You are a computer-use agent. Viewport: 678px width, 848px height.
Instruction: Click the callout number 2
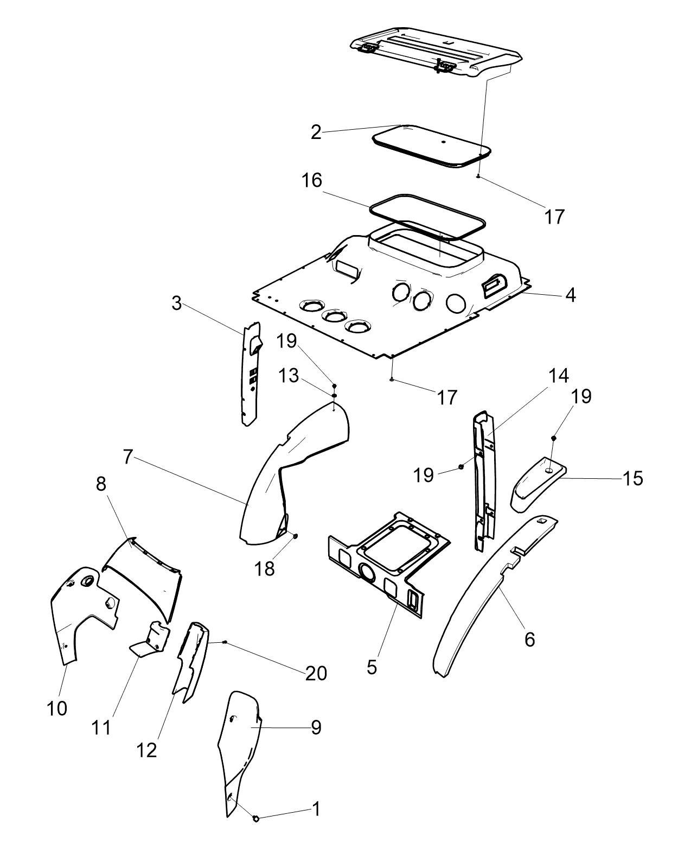(316, 132)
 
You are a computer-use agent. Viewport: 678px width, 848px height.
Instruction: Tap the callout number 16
(312, 180)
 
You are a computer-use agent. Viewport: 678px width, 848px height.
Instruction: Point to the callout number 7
(127, 457)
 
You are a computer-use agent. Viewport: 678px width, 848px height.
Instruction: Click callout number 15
(633, 478)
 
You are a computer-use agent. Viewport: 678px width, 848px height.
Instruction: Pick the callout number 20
(316, 673)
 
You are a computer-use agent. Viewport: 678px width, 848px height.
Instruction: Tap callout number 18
(264, 569)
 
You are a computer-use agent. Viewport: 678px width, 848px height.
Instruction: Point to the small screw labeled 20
(225, 642)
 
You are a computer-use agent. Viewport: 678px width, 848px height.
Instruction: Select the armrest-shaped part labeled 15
(538, 483)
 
